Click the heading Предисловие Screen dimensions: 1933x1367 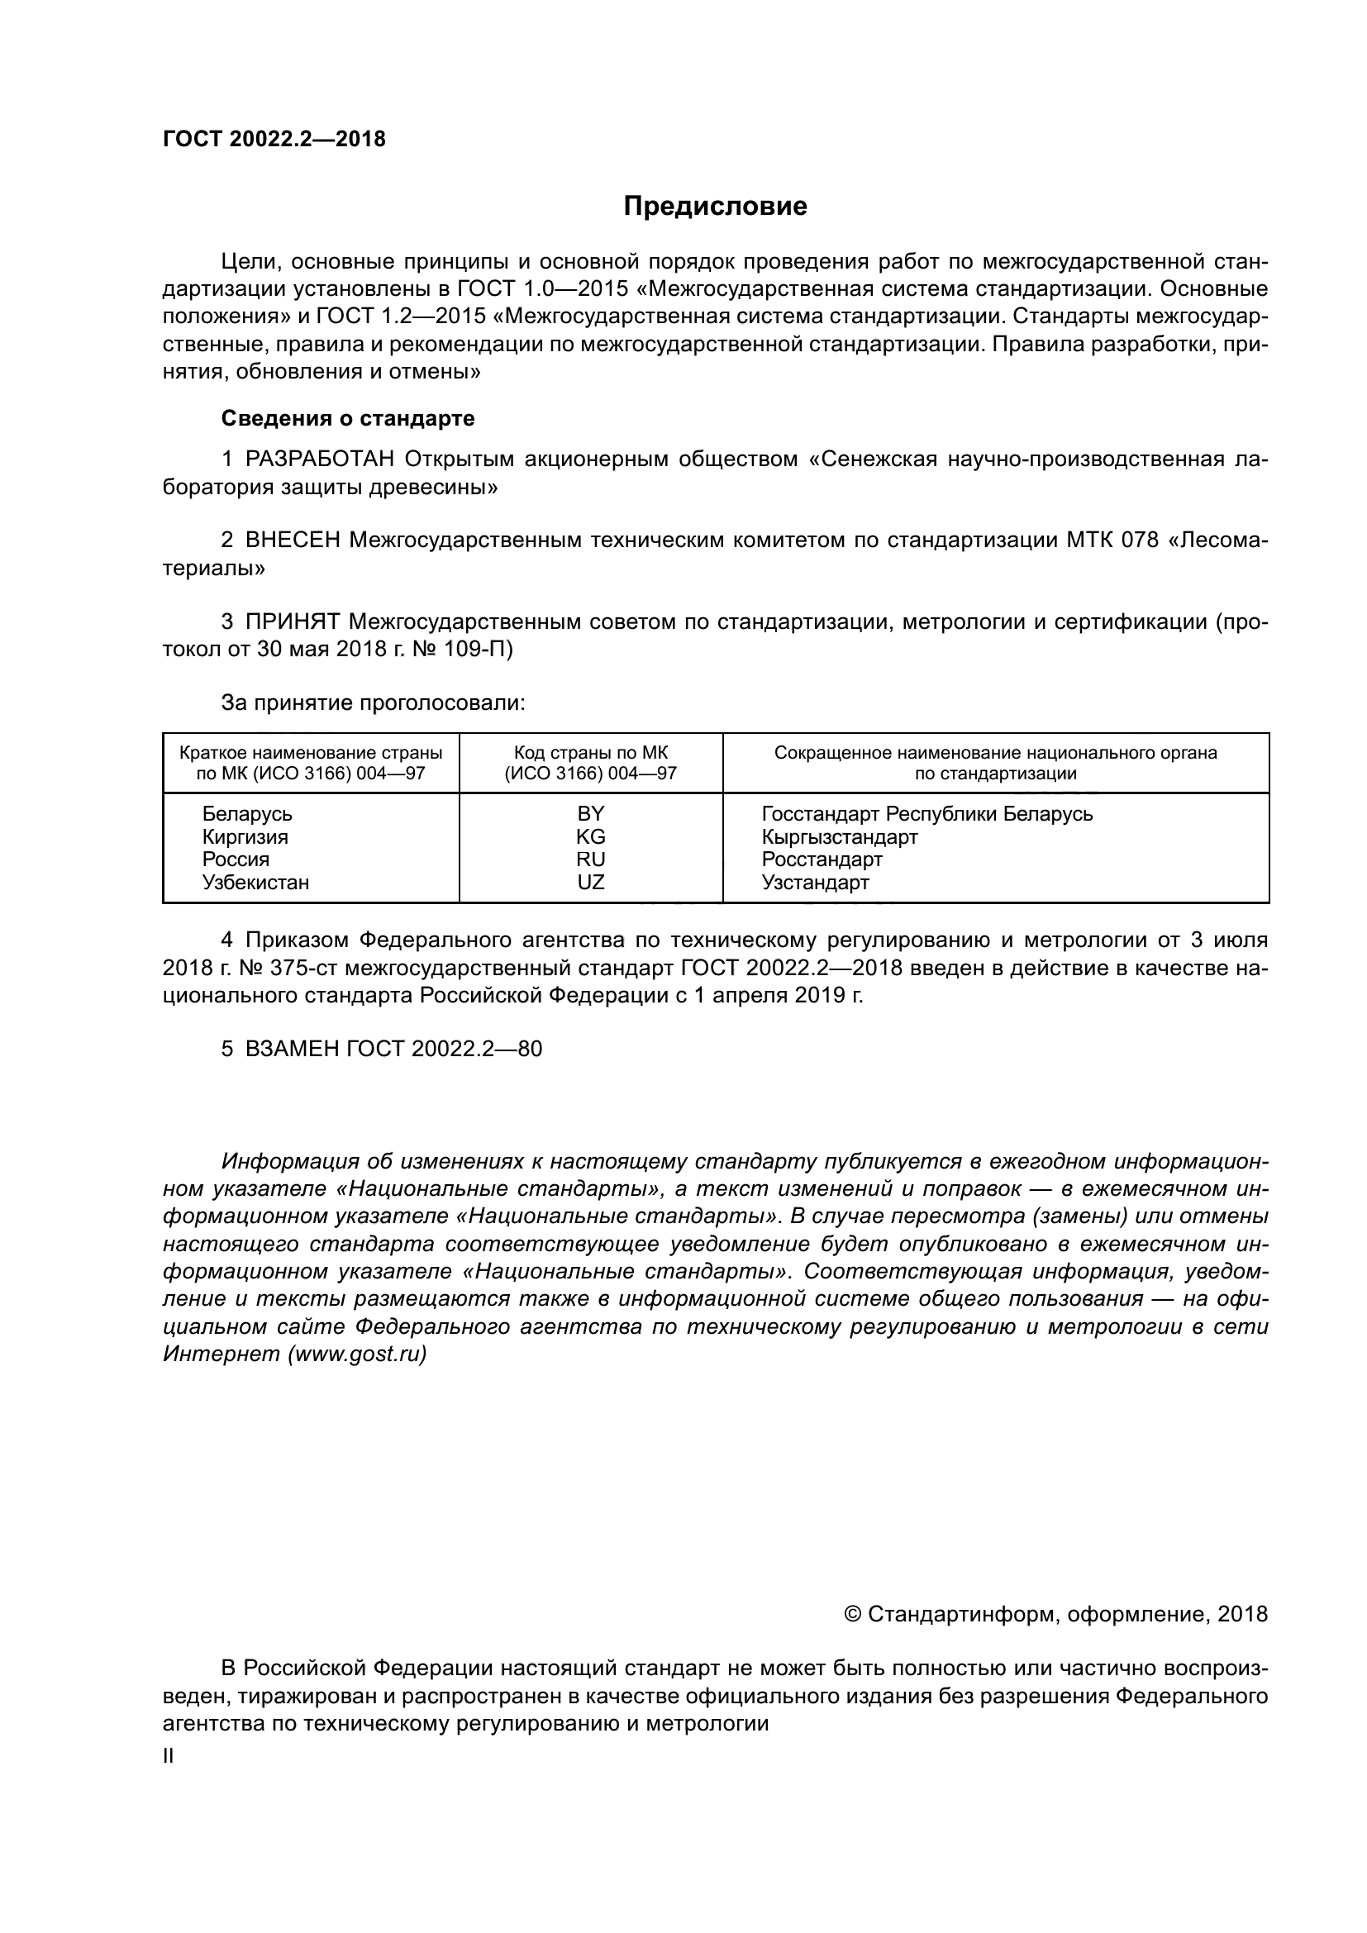[715, 207]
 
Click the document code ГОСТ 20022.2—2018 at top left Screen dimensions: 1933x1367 [274, 139]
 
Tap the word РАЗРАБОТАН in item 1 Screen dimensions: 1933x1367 [320, 459]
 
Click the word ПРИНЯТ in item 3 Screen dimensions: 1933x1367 [292, 622]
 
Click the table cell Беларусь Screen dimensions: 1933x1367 [246, 814]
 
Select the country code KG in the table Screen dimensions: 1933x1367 [590, 837]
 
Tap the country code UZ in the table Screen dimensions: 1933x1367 [590, 883]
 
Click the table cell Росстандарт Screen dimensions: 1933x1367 [822, 859]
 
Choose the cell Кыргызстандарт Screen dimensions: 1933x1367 [839, 837]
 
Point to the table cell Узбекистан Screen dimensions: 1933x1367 [255, 883]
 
